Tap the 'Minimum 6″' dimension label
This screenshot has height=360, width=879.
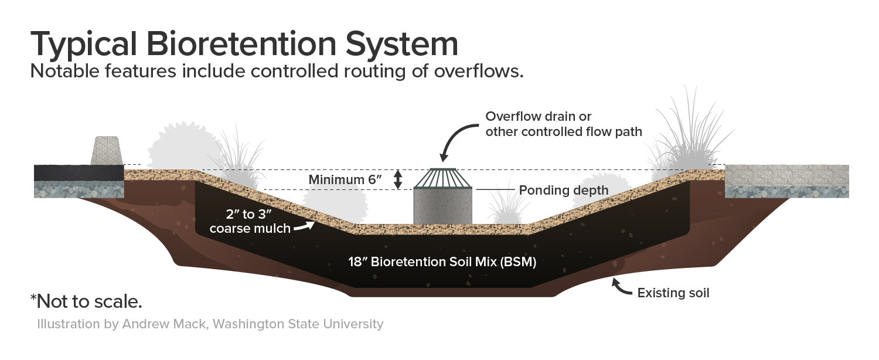[346, 179]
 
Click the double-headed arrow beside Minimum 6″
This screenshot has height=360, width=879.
[398, 179]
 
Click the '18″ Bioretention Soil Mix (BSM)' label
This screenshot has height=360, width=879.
[442, 262]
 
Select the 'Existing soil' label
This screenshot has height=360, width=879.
[673, 293]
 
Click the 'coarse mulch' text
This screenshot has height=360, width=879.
[250, 228]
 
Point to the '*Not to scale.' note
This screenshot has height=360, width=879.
[86, 302]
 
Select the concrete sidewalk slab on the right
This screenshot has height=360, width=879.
[786, 175]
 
